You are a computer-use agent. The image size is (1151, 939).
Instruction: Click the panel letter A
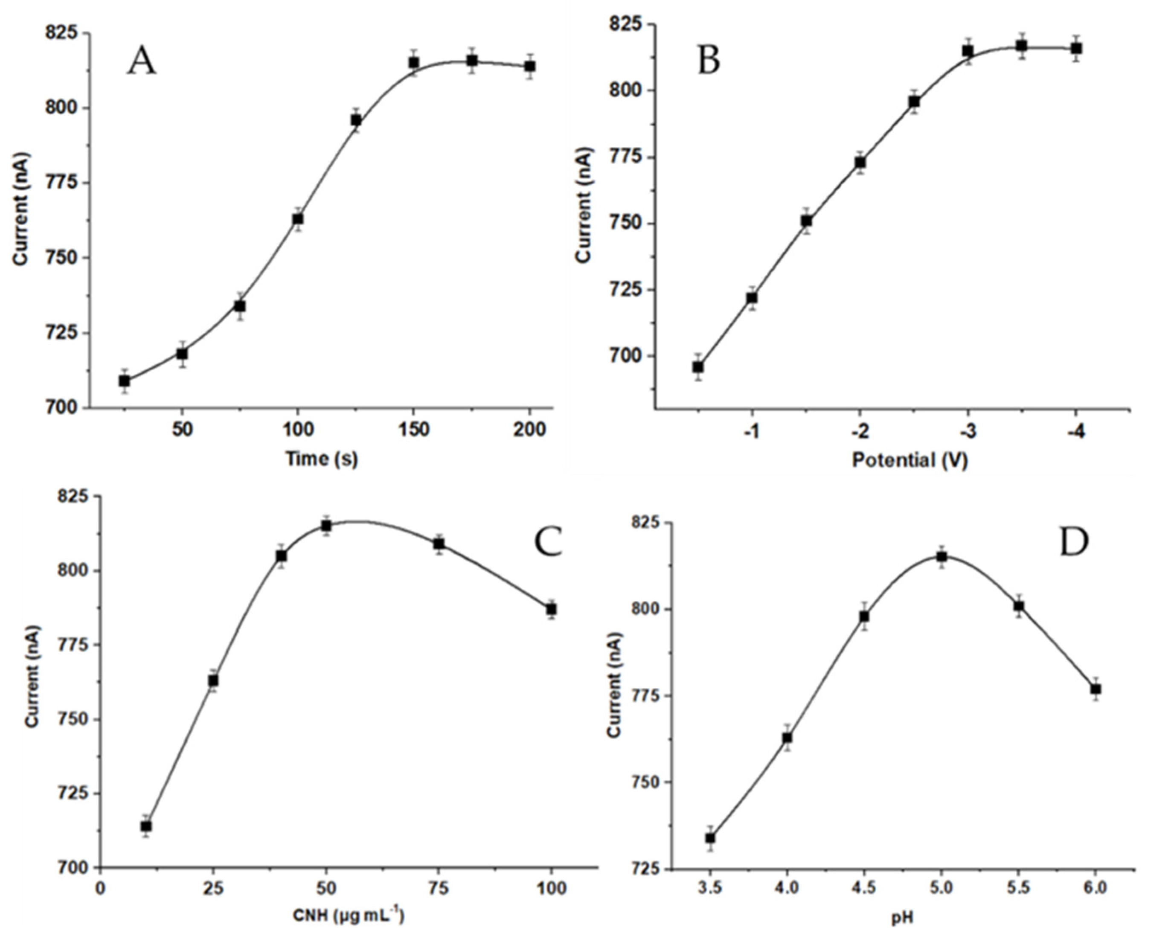[x=142, y=61]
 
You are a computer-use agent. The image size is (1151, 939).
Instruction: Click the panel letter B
[x=709, y=61]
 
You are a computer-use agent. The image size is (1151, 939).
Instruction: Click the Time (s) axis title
[x=321, y=459]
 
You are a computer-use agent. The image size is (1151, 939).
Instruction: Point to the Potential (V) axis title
[x=910, y=460]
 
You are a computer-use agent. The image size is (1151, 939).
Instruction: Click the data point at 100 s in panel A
[x=297, y=219]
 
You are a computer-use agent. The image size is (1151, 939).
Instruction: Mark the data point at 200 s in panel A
[x=530, y=66]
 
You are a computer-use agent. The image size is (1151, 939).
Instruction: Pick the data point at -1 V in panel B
[x=752, y=297]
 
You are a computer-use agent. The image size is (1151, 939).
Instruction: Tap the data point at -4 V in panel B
[x=1076, y=49]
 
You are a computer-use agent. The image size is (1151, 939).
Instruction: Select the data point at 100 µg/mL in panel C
[x=551, y=609]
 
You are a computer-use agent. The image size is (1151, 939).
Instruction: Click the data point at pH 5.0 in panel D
[x=942, y=557]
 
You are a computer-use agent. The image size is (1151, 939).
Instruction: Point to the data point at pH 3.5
[x=710, y=838]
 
